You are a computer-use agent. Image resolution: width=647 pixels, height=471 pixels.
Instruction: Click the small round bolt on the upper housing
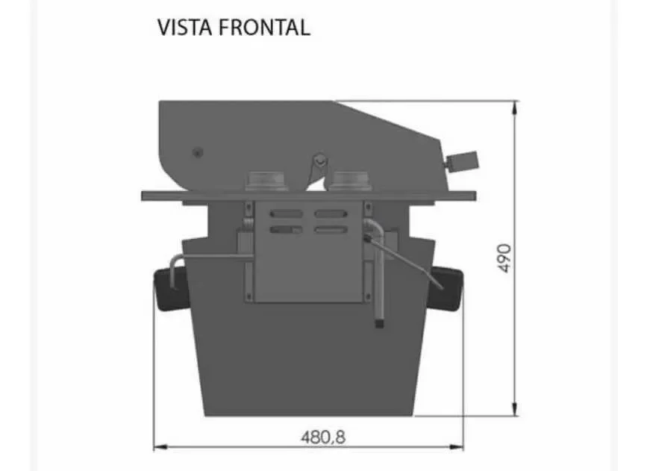(x=197, y=152)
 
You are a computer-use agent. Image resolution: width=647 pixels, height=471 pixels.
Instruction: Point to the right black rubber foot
(x=450, y=287)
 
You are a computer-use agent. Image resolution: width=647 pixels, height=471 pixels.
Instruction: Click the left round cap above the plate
(x=266, y=181)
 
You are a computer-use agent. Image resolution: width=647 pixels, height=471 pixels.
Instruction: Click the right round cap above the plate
(x=350, y=181)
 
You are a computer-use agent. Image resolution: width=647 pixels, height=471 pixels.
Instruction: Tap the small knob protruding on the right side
(x=463, y=160)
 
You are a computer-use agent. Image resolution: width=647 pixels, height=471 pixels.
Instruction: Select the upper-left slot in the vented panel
(x=287, y=214)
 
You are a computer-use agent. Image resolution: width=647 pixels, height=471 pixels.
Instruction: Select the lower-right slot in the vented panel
(x=331, y=229)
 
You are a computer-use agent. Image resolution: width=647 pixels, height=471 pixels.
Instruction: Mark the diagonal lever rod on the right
(x=407, y=261)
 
